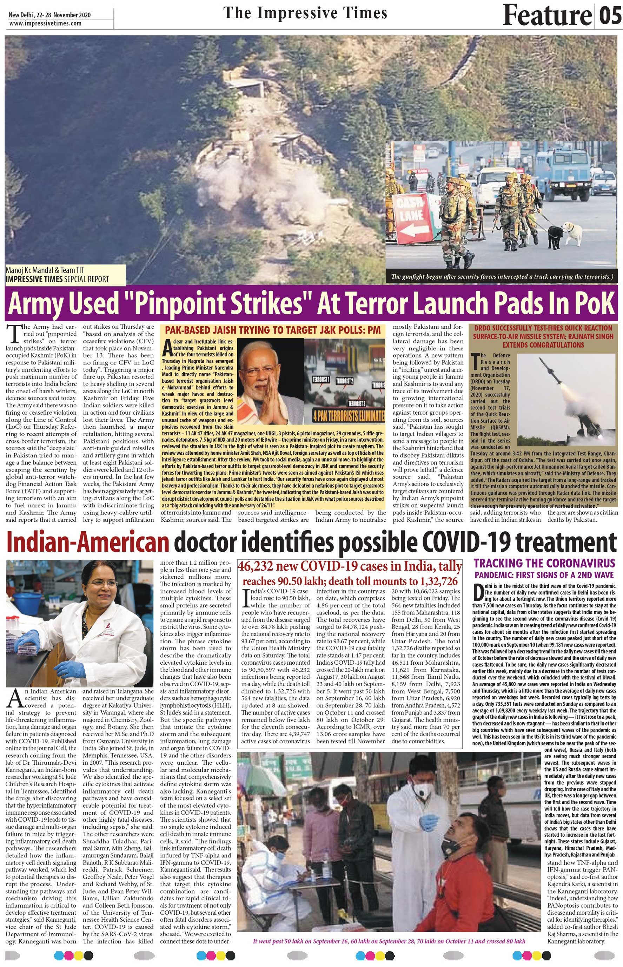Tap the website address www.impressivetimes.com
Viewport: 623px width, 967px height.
pos(45,23)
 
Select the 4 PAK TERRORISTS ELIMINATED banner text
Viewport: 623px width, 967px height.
pos(348,415)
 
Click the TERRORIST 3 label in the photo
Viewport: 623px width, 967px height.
pos(356,403)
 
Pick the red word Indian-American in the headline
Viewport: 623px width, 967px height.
pos(87,543)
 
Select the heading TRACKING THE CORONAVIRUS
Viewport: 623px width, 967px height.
pos(544,563)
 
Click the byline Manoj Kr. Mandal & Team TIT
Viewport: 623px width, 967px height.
pos(45,270)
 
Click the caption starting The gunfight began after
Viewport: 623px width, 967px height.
pos(502,277)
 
